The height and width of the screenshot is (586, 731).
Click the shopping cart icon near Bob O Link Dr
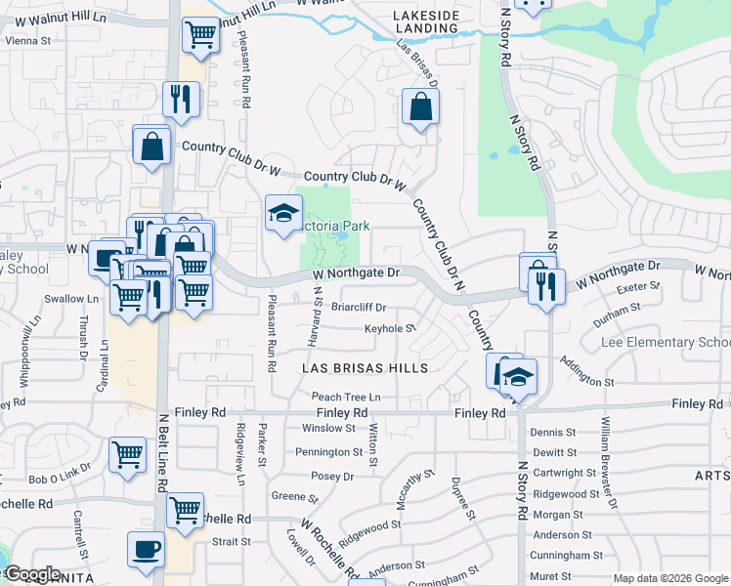click(127, 454)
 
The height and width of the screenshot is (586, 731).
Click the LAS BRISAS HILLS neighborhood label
click(365, 368)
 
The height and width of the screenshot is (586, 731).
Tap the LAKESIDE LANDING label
click(425, 22)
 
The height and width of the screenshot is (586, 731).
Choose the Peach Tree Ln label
click(346, 398)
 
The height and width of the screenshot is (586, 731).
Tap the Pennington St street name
click(329, 452)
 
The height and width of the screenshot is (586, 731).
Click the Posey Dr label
click(332, 477)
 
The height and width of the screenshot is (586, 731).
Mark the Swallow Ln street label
click(79, 299)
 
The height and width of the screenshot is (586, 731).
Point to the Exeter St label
click(639, 287)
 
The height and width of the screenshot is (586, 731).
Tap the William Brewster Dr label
click(609, 463)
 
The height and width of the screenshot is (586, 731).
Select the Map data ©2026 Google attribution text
click(669, 578)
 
